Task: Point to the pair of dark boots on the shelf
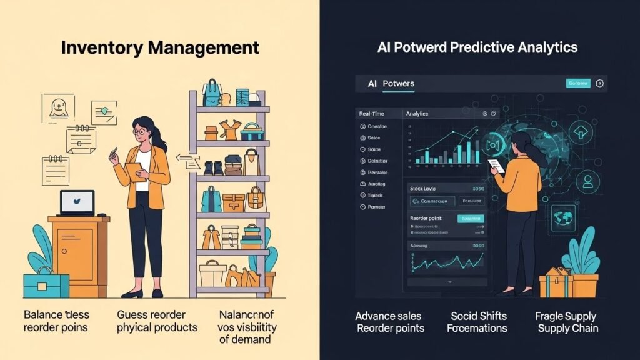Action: [x=213, y=168]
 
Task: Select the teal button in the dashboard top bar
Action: [x=577, y=83]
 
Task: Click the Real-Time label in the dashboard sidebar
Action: [x=372, y=114]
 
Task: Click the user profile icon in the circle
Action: [x=587, y=182]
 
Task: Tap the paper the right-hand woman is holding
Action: [x=495, y=166]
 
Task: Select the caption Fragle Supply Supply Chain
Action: [x=566, y=322]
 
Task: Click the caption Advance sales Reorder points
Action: [x=389, y=322]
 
